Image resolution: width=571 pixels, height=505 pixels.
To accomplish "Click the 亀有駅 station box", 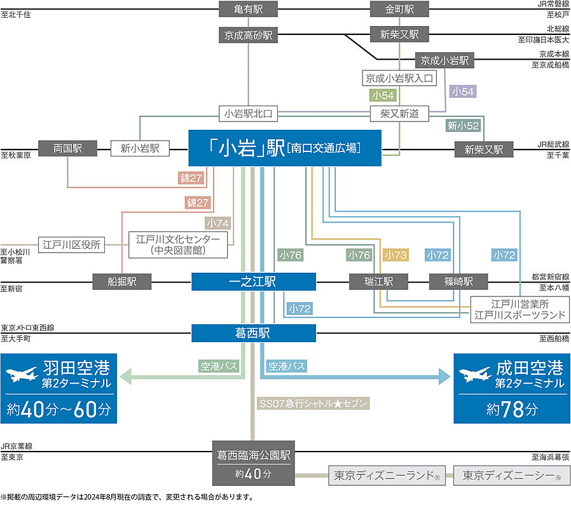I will (248, 9).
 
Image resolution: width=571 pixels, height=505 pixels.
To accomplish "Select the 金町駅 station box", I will (399, 9).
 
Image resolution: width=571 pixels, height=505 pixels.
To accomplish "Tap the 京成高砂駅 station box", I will (248, 34).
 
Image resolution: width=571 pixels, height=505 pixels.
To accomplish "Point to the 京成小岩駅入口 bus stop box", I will (400, 78).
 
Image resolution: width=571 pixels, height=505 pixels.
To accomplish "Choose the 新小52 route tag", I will (464, 125).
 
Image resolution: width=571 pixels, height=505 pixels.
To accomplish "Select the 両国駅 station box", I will (67, 148).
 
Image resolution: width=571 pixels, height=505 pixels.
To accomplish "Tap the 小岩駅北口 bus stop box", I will (248, 114).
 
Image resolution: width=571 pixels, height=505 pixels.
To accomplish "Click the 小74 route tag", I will (217, 223).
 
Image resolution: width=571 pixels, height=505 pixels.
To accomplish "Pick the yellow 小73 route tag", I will (396, 255).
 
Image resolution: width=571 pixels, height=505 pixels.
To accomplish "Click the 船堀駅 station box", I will (122, 281).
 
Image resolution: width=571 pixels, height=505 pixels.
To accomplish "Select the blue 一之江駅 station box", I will (253, 281).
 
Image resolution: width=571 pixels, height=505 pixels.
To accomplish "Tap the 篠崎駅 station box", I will (458, 281).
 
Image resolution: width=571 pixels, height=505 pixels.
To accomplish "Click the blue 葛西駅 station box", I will (253, 333).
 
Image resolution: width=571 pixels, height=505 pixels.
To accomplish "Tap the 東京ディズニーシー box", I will (512, 475).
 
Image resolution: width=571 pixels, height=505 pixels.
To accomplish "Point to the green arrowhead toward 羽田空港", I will (126, 377).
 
